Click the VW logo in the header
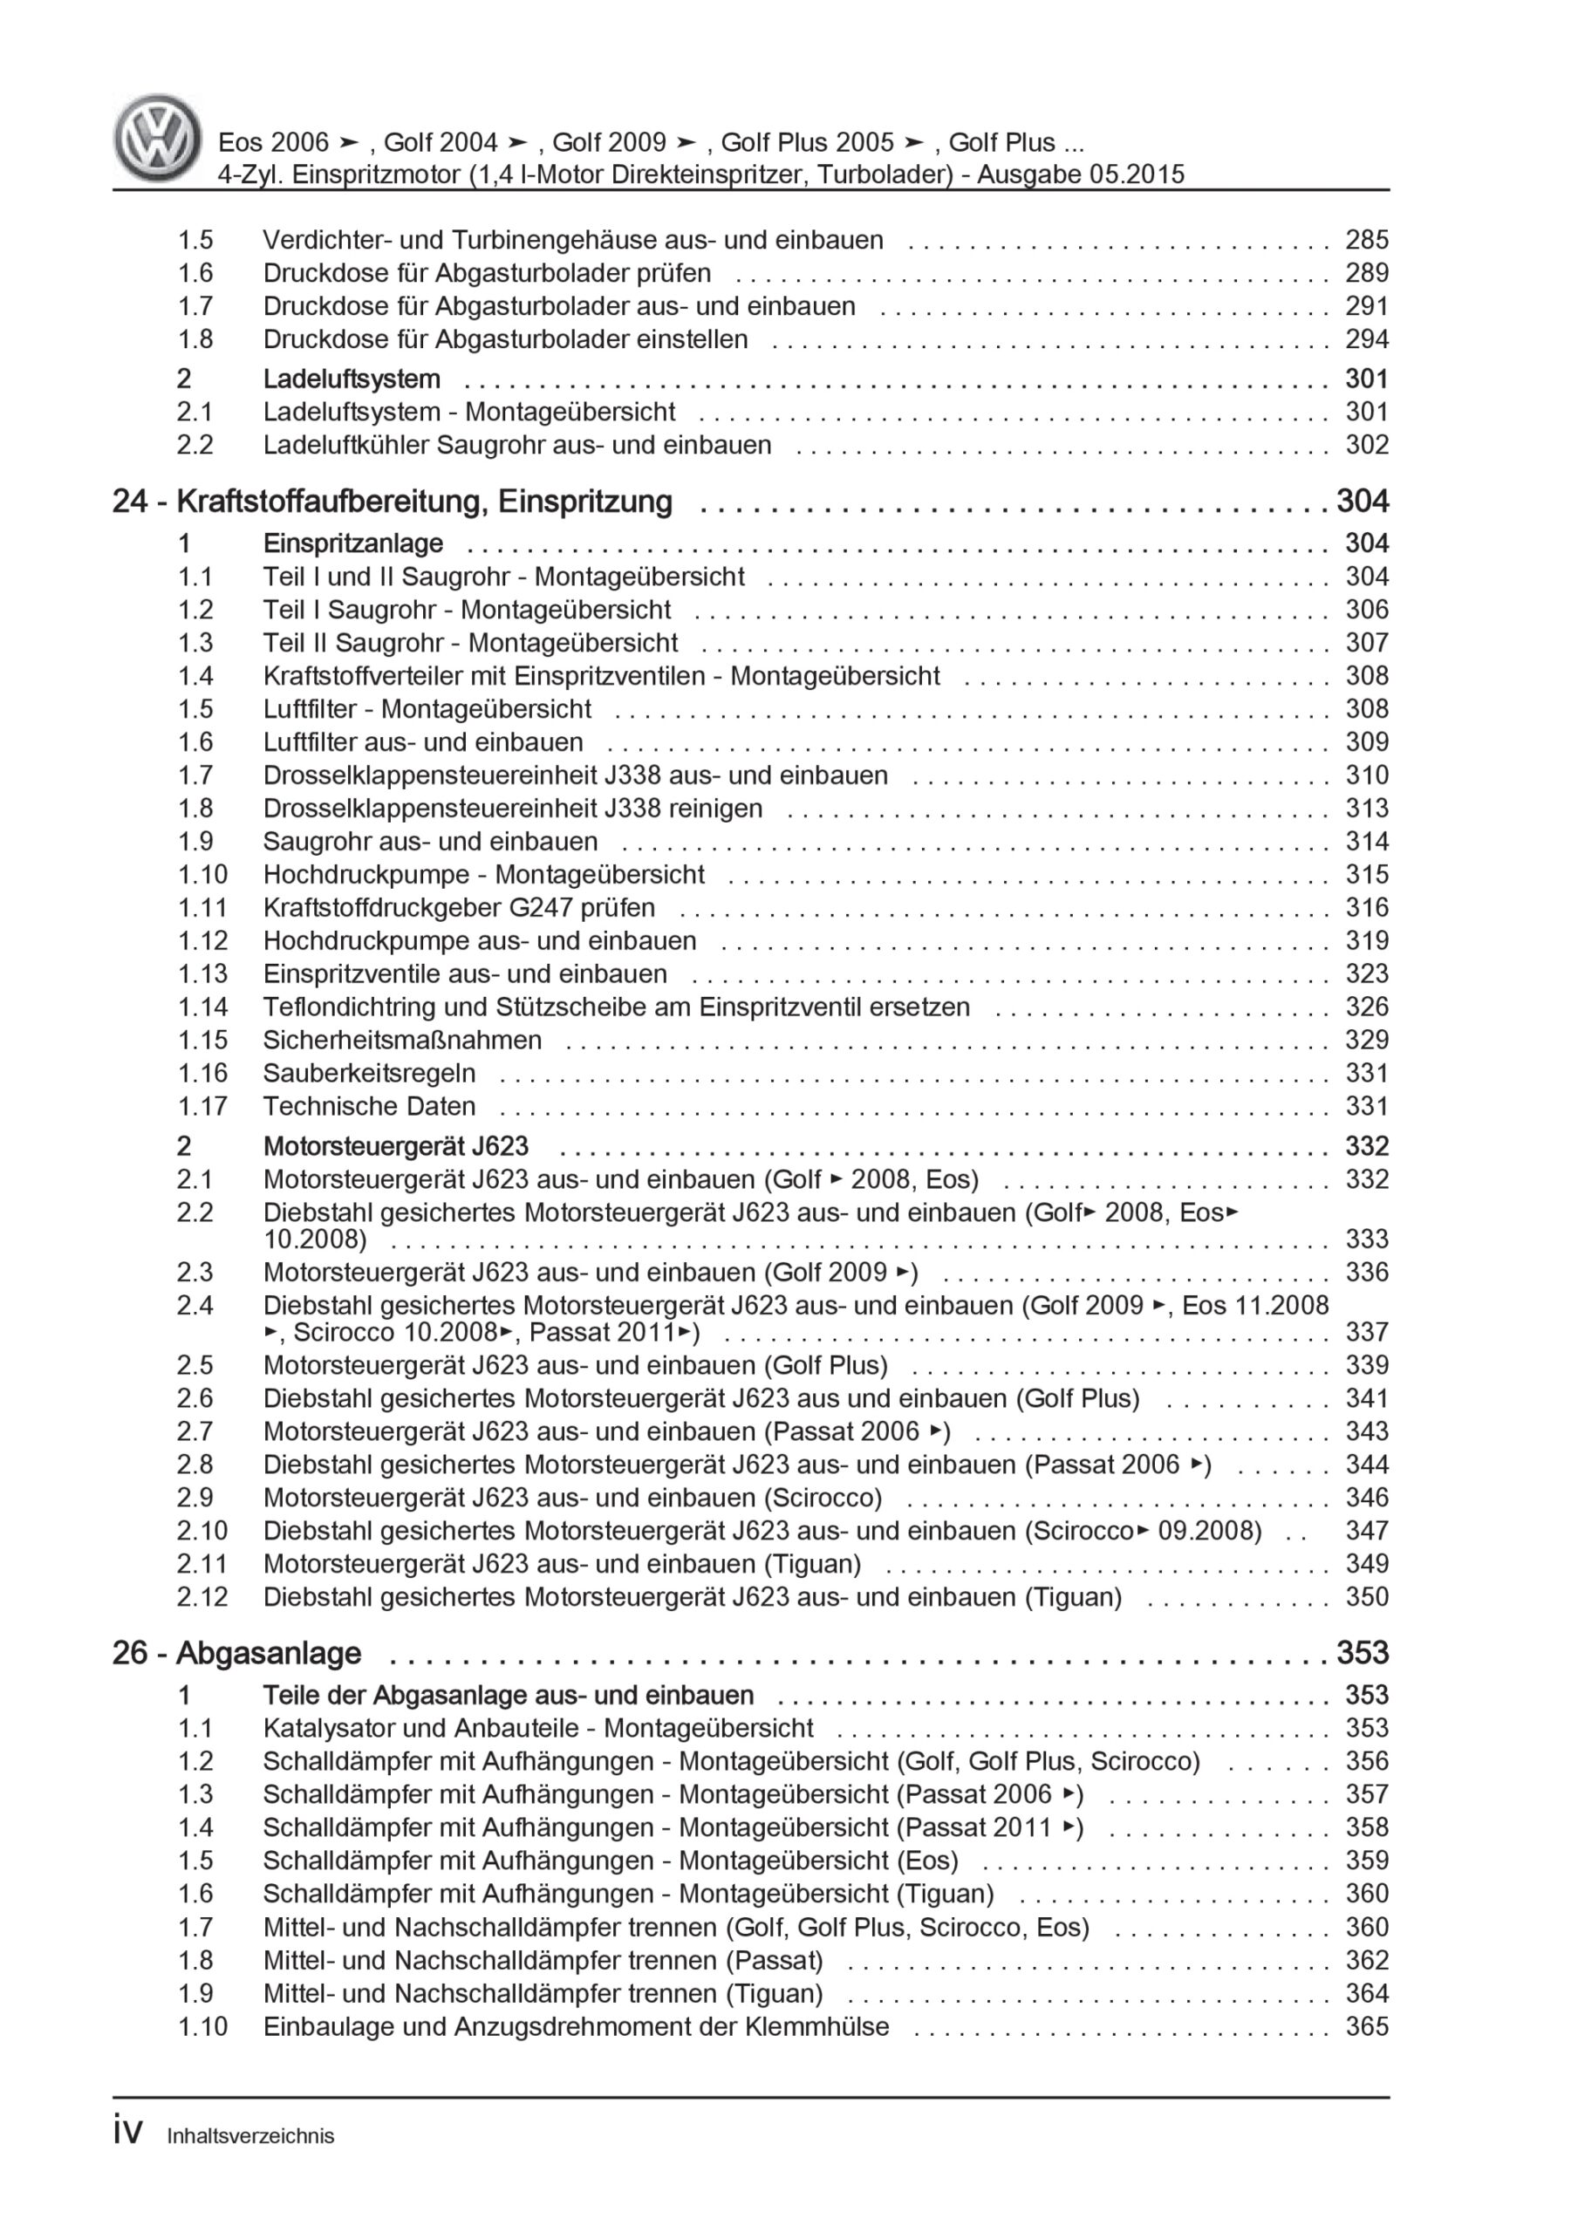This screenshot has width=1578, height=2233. (158, 138)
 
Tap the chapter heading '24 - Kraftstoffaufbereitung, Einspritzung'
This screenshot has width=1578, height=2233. (392, 502)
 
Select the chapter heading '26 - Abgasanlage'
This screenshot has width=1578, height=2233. (236, 1652)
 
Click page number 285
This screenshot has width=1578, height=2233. (1366, 240)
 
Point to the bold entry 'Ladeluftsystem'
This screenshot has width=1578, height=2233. (352, 379)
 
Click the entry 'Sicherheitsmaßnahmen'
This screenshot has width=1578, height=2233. (402, 1040)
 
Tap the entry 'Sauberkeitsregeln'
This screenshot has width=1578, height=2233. (369, 1073)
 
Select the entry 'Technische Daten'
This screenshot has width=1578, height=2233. (369, 1106)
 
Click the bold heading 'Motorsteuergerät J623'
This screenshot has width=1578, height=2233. (396, 1147)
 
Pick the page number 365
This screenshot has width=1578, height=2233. (1366, 2027)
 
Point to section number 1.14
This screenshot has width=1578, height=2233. (202, 1007)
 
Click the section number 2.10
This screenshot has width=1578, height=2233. (202, 1531)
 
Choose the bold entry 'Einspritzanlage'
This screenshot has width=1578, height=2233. (353, 543)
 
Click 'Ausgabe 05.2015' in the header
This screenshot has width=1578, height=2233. (1080, 175)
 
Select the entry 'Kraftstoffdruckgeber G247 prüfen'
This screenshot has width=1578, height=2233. (458, 907)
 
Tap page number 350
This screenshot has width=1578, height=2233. (1366, 1597)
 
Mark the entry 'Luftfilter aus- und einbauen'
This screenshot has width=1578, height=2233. (422, 742)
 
